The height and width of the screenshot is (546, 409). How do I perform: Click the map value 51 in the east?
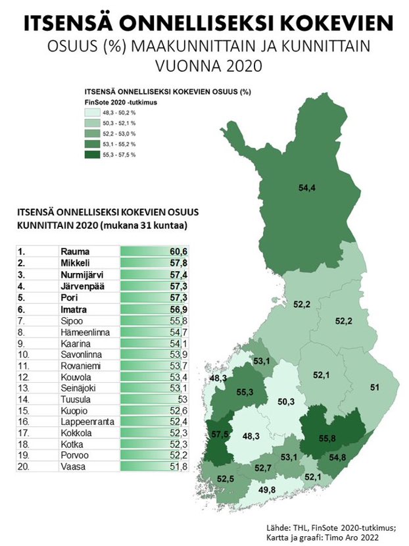point(374,387)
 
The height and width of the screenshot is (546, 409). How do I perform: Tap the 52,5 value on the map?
point(225,478)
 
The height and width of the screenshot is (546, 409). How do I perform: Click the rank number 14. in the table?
point(25,399)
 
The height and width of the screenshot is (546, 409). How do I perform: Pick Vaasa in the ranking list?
point(71,468)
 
